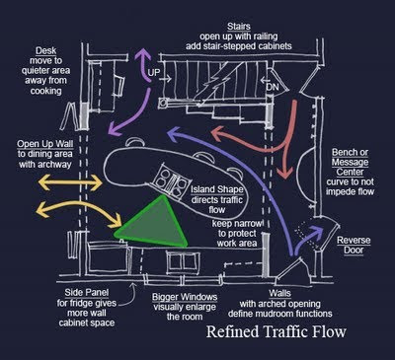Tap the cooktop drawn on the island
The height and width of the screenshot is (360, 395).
(172, 181)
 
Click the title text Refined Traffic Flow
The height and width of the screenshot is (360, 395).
(276, 331)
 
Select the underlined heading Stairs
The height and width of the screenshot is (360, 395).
(239, 27)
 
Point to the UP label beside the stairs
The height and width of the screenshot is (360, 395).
(153, 73)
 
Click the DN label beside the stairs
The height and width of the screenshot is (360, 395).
(273, 87)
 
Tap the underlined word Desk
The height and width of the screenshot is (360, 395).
(45, 51)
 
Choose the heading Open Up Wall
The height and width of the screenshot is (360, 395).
(45, 144)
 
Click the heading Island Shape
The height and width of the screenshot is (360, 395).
(217, 189)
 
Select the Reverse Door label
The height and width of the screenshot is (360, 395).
(354, 246)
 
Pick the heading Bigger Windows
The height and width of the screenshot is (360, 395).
(185, 297)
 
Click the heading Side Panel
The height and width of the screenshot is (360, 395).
(87, 293)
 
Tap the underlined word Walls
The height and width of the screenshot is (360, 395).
(279, 293)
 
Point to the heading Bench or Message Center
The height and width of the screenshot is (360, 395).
(350, 162)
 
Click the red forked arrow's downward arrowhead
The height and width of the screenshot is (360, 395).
(284, 173)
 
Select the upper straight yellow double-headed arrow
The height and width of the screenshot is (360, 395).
(70, 182)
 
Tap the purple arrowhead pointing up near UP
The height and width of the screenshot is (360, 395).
(142, 54)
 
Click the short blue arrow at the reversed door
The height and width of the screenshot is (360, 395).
(308, 240)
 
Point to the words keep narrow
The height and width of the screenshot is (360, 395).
(238, 224)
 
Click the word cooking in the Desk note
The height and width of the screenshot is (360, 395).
(45, 91)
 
